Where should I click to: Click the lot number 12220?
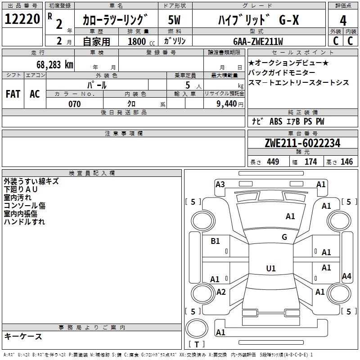[x=22, y=19]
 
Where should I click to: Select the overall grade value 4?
[x=343, y=21]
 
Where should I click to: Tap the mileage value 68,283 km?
[x=55, y=65]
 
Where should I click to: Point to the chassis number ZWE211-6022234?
[x=302, y=143]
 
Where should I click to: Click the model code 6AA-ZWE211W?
[x=258, y=41]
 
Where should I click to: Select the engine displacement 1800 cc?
[x=141, y=41]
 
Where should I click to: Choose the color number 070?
[x=75, y=104]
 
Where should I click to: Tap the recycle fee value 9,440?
[x=227, y=104]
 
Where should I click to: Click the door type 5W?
[x=174, y=20]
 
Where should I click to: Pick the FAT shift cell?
[x=13, y=94]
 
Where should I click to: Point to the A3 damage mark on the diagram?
[x=220, y=184]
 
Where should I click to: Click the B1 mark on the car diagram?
[x=215, y=241]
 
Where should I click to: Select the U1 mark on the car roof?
[x=271, y=268]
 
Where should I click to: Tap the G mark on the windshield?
[x=284, y=237]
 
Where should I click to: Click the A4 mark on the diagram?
[x=346, y=276]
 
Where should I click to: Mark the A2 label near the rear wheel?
[x=221, y=292]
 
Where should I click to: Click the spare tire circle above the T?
[x=197, y=329]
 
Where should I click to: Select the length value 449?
[x=273, y=162]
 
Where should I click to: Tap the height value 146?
[x=346, y=162]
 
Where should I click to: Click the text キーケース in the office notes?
[x=23, y=336]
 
